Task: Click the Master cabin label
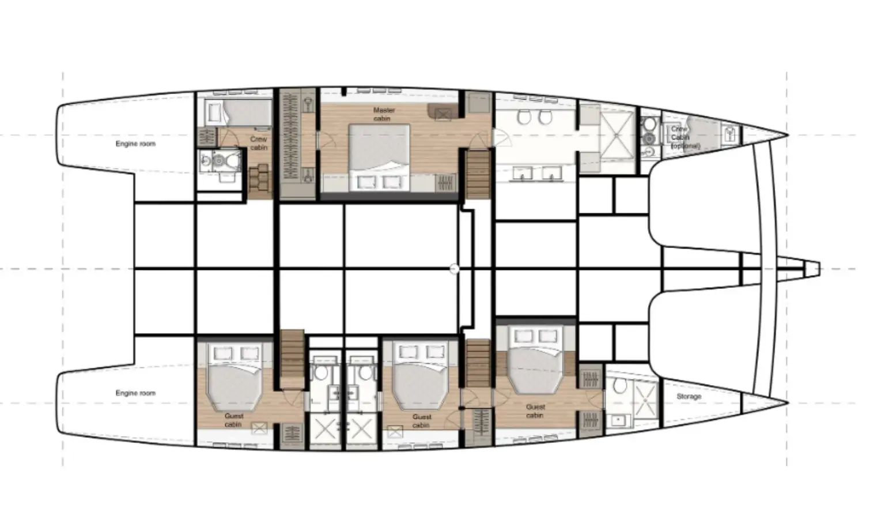coord(381,114)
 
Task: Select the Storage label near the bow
coord(689,397)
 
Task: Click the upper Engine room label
coord(135,144)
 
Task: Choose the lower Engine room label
coord(135,393)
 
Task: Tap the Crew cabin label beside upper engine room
coord(259,143)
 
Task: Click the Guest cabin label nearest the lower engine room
coord(233,420)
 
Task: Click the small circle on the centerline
coord(454,269)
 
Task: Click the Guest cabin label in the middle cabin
coord(422,421)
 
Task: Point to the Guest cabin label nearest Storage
coord(535,411)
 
